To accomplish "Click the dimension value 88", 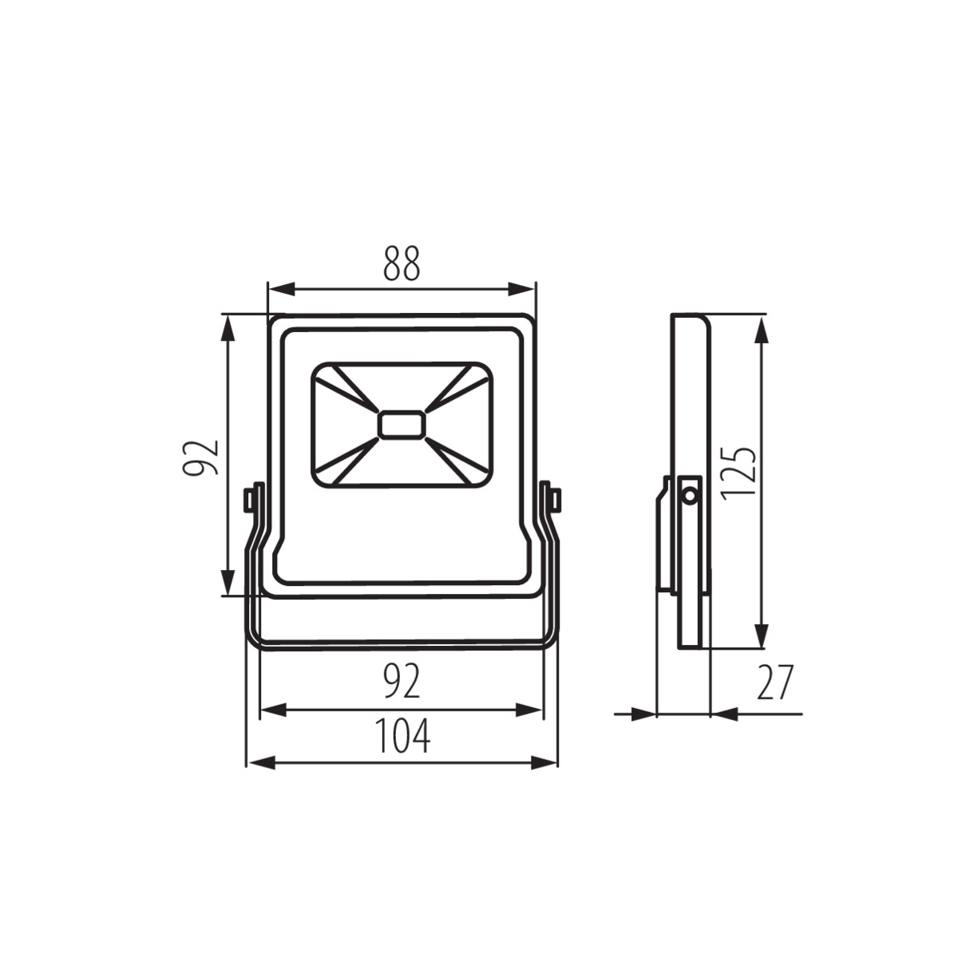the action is (x=402, y=263).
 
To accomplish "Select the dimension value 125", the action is (x=738, y=473).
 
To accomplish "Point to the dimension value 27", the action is (x=775, y=682).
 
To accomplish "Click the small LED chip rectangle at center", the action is (x=402, y=425).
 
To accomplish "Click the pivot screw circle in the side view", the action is (x=690, y=495).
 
